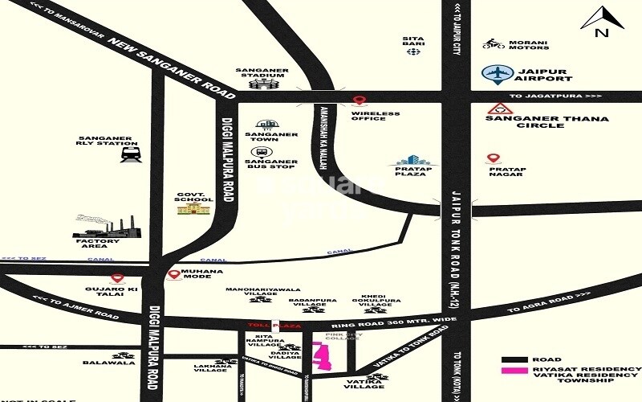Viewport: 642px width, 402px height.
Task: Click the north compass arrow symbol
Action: [x=597, y=18]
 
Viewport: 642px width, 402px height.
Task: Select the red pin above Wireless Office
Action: [x=360, y=101]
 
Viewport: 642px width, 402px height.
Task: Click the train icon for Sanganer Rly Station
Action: [x=130, y=154]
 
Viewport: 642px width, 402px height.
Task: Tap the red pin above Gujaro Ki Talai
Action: [x=117, y=278]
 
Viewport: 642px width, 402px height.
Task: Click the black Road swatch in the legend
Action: [x=514, y=359]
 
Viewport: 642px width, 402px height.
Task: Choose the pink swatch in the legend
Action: [x=514, y=371]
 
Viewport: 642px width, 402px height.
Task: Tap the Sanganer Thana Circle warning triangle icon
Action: [x=500, y=109]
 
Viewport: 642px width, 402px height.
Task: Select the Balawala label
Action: [x=97, y=363]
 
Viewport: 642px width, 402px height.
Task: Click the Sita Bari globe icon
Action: [x=413, y=51]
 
